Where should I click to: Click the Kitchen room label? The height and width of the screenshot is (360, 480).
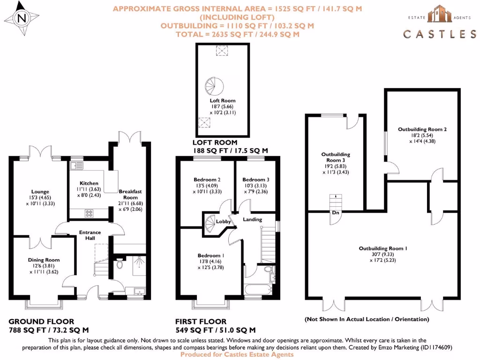point(89,183)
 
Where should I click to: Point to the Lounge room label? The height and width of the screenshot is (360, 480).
point(40,191)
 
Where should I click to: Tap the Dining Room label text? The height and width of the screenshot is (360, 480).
point(44,260)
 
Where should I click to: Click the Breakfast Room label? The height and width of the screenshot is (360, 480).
point(130,194)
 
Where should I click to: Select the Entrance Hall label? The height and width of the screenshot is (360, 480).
point(90,235)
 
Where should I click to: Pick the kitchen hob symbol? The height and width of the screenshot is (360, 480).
point(89,213)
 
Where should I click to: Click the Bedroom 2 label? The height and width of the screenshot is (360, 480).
point(207,180)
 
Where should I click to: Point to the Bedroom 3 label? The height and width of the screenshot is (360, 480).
point(256,180)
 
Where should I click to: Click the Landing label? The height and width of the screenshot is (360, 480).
point(252,219)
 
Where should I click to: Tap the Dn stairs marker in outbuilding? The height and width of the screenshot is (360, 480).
point(336,212)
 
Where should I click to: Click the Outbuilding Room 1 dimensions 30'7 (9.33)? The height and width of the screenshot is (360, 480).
point(383,254)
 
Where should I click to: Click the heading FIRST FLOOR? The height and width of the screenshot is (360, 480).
point(201,322)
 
